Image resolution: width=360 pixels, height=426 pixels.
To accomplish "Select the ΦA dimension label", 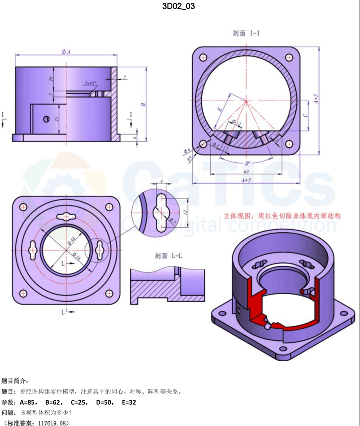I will pos(66,52).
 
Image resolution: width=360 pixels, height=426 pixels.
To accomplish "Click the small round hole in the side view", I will pos(46,119).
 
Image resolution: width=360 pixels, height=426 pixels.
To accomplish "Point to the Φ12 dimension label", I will pos(236,122).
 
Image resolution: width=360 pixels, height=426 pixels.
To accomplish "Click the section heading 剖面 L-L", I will pos(167,256).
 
